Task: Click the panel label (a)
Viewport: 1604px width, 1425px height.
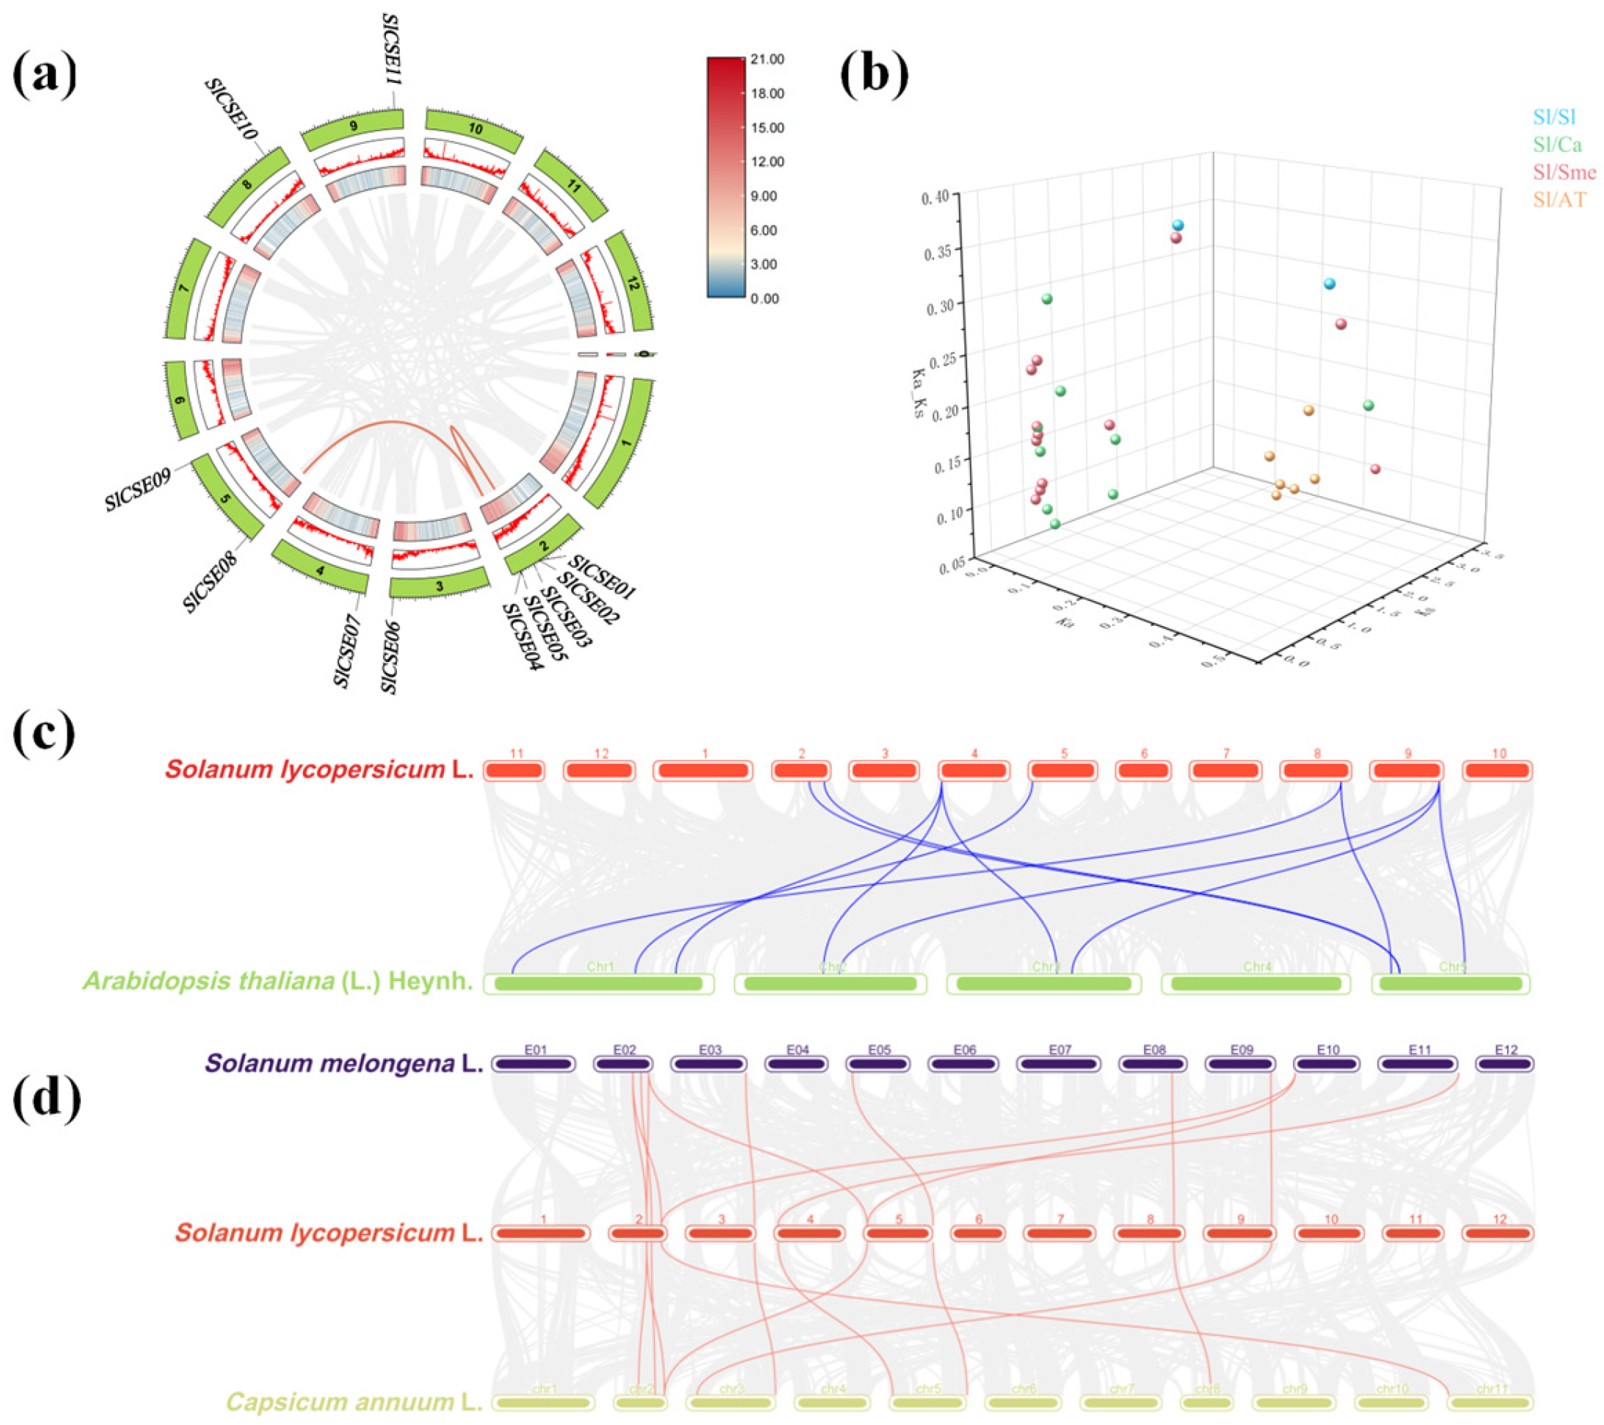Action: pos(45,76)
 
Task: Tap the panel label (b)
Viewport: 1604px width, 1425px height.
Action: pos(873,76)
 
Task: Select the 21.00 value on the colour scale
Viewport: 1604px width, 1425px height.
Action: pos(767,59)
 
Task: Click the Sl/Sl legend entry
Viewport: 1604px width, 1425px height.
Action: pos(1555,117)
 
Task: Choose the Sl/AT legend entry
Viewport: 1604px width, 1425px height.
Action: pos(1559,200)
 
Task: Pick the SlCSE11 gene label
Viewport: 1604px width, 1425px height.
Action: pos(391,54)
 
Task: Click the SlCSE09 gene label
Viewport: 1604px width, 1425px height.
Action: pos(138,490)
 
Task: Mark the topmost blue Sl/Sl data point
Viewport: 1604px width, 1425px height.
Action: pos(1178,225)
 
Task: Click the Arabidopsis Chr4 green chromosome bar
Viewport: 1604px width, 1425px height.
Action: pos(1255,983)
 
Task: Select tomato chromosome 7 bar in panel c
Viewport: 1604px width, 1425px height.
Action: pos(1226,771)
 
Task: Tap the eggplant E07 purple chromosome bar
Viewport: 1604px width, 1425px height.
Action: pos(1060,1064)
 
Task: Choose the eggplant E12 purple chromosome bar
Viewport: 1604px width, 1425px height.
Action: pos(1504,1064)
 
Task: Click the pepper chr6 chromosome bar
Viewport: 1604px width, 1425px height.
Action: pos(1024,1402)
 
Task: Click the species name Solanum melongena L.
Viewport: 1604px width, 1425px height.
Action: pos(343,1064)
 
